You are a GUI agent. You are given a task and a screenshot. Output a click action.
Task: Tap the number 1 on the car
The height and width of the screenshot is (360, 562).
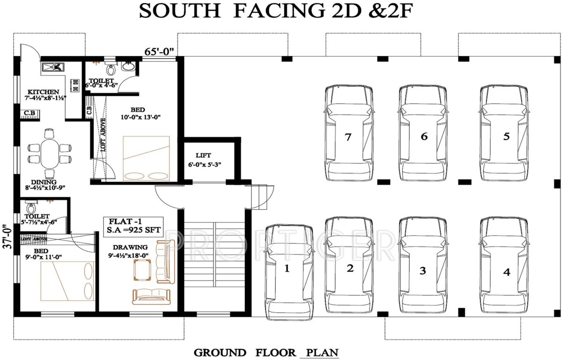pyautogui.click(x=287, y=269)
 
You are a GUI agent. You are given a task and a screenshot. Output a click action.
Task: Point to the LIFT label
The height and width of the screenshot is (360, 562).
pyautogui.click(x=204, y=155)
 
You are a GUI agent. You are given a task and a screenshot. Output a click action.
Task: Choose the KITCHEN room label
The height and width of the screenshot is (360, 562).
pyautogui.click(x=43, y=91)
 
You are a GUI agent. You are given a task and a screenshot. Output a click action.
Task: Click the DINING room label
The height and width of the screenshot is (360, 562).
pyautogui.click(x=44, y=182)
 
